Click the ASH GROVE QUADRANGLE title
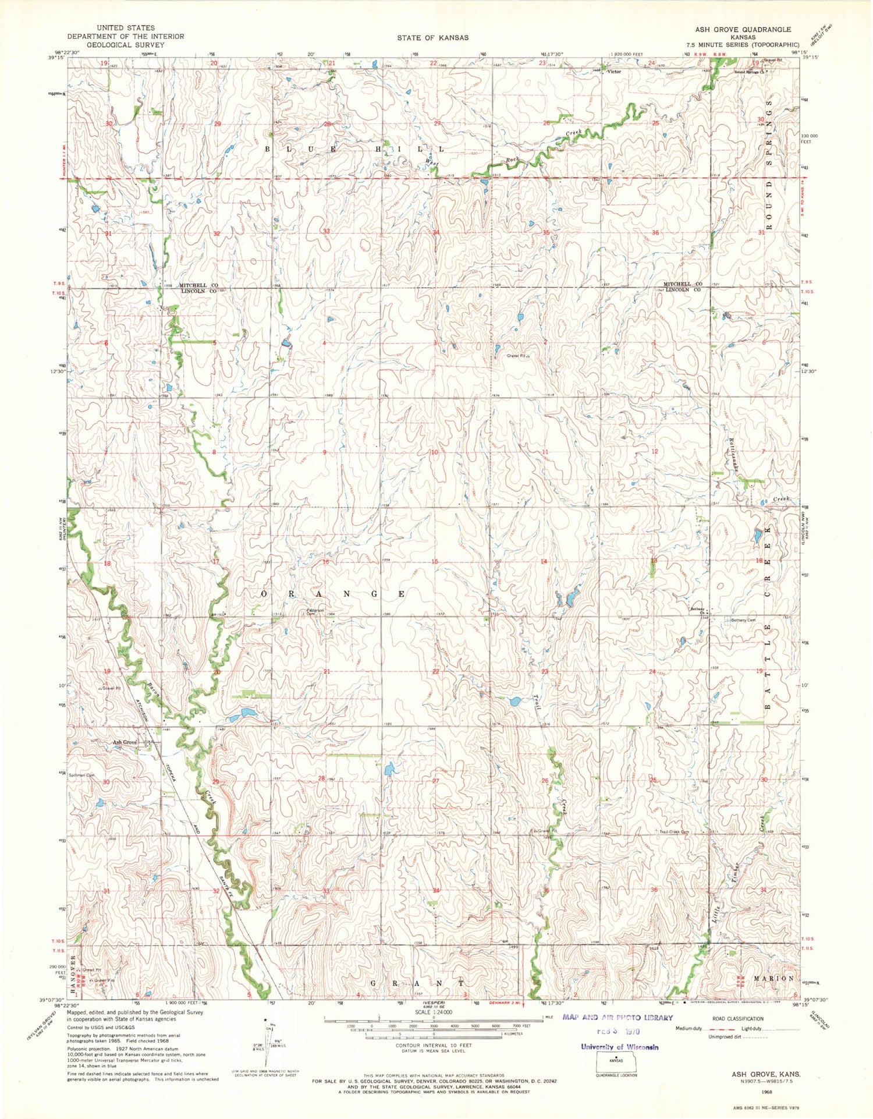coord(743,29)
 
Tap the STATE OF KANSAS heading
coord(432,38)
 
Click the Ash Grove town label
coord(125,742)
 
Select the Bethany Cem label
coord(743,620)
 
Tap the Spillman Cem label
coord(81,775)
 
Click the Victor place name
coord(614,72)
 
